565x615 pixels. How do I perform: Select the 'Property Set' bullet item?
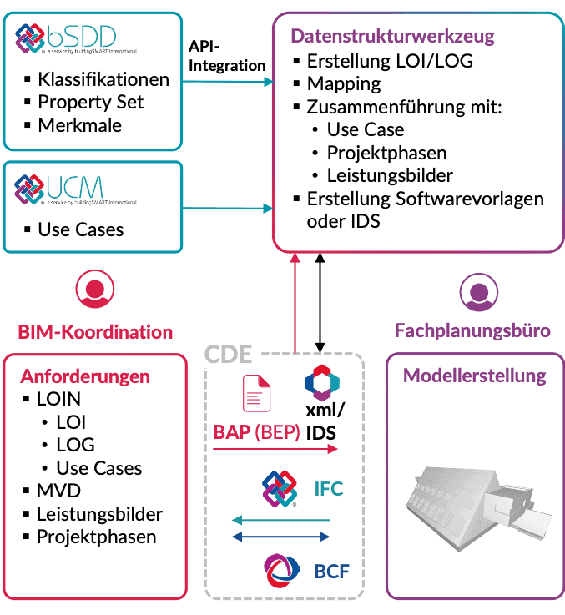coord(90,102)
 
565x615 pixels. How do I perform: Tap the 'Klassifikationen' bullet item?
coord(103,80)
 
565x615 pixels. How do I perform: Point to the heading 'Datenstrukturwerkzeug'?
coord(392,37)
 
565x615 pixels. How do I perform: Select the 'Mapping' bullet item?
coord(343,83)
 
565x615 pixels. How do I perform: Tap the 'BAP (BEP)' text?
coord(256,433)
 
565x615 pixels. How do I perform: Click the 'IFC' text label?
coord(328,489)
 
